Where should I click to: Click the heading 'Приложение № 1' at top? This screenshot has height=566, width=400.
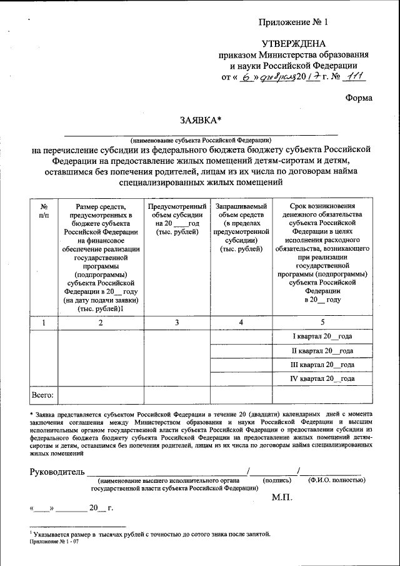(x=293, y=23)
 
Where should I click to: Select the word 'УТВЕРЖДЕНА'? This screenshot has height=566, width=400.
(x=294, y=43)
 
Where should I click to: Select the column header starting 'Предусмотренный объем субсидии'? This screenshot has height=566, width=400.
(x=177, y=219)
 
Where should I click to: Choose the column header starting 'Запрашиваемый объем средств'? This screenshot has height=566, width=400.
(x=241, y=228)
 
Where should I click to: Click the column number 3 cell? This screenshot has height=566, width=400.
(x=177, y=323)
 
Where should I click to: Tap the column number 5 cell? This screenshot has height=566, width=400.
(x=322, y=323)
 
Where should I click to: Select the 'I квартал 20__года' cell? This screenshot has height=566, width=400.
(x=322, y=336)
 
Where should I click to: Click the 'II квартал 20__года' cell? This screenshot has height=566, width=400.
(x=322, y=351)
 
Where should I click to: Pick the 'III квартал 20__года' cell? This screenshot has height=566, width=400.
(x=322, y=365)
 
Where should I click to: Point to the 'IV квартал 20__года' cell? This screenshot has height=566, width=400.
(x=322, y=379)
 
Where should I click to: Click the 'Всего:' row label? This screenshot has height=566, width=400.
(x=43, y=395)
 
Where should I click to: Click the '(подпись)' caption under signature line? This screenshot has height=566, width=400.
(x=276, y=480)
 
